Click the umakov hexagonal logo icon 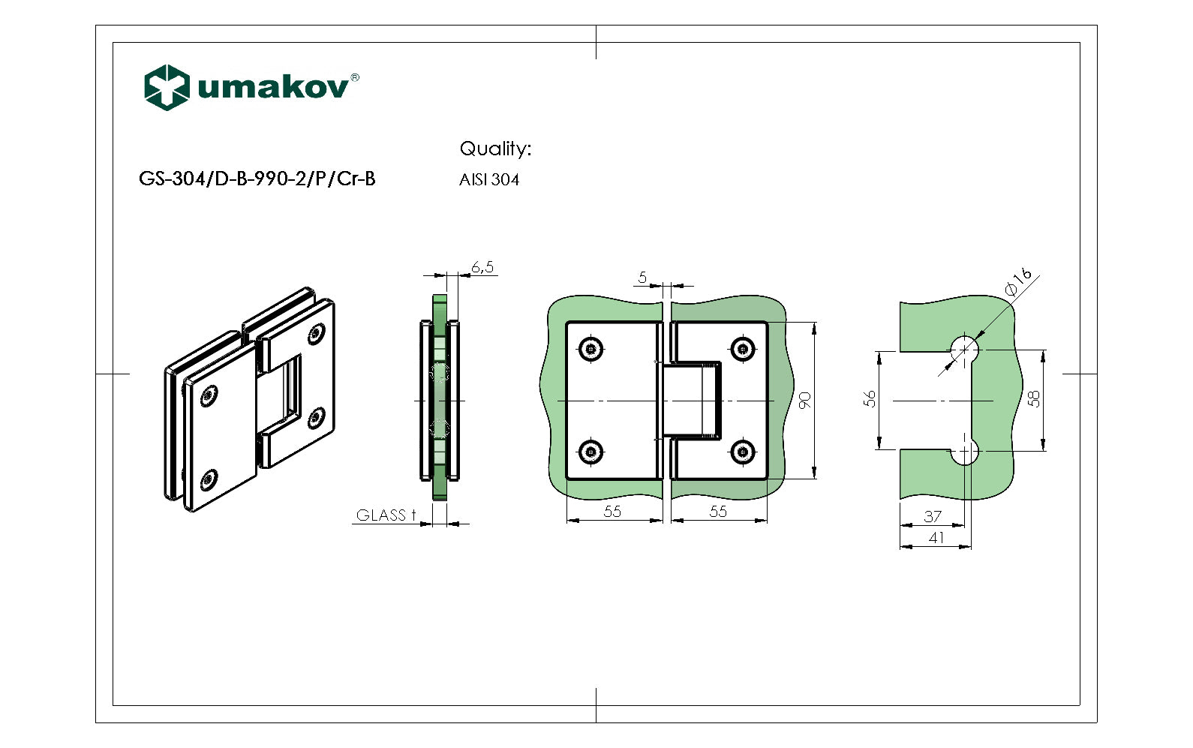(166, 88)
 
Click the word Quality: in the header (495, 149)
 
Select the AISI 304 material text (489, 180)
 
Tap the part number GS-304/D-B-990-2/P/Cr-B (257, 179)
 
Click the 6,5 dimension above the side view (482, 267)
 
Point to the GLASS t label (386, 515)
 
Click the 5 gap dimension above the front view (642, 278)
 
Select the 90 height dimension (805, 400)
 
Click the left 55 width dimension (612, 511)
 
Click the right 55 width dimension (718, 511)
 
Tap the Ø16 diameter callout (1018, 283)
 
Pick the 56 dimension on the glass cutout (870, 398)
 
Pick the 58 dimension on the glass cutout (1034, 398)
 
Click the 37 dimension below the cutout (933, 516)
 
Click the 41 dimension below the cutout (936, 537)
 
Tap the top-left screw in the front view (591, 349)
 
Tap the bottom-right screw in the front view (742, 452)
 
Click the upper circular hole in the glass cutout (965, 349)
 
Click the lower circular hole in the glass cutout (965, 452)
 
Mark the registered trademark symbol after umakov (355, 77)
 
